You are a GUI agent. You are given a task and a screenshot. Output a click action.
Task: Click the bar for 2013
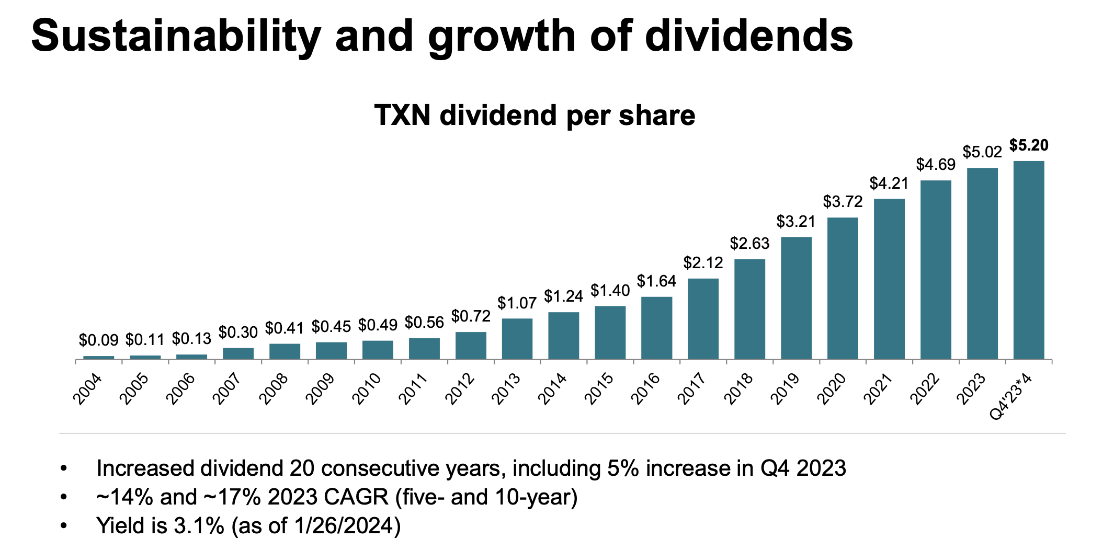(x=517, y=338)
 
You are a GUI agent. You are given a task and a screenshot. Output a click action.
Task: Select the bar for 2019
(x=796, y=297)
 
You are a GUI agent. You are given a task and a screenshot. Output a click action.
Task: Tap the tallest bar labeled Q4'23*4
(x=1029, y=260)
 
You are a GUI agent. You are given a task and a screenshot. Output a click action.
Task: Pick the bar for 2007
(x=238, y=353)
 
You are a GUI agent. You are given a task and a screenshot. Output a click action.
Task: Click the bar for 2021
(x=889, y=279)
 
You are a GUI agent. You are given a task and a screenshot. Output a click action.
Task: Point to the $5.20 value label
(x=1029, y=145)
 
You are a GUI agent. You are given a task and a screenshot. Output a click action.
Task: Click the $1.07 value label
(x=517, y=303)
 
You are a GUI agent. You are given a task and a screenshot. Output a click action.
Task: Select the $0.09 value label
(x=98, y=340)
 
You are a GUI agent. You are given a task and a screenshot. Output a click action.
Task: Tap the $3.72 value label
(x=843, y=202)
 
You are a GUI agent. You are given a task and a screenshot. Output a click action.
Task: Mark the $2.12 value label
(x=703, y=263)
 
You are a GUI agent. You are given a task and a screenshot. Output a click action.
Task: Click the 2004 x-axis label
(x=88, y=389)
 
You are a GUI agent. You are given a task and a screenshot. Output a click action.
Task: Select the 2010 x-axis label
(x=367, y=389)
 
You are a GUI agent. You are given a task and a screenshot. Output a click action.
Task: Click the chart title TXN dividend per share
(x=535, y=116)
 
